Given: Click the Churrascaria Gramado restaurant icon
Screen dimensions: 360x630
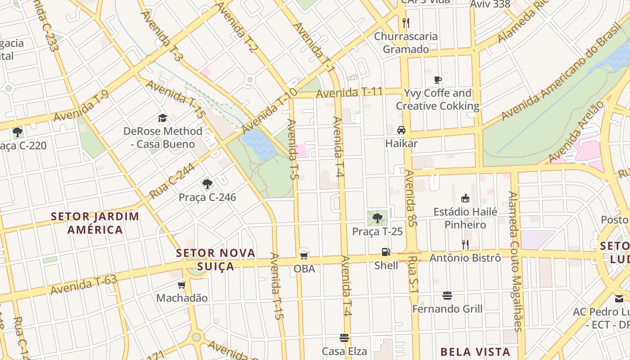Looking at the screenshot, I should (x=405, y=23).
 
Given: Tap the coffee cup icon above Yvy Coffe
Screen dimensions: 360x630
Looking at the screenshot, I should (x=437, y=80).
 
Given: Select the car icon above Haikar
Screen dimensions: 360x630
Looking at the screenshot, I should (x=401, y=130).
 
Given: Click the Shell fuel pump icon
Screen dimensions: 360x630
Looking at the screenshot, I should (x=386, y=252).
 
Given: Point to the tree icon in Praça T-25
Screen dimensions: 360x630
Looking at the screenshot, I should (x=377, y=218).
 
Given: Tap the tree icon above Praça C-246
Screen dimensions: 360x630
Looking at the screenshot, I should (x=207, y=184).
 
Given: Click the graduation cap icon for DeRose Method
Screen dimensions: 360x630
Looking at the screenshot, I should (x=162, y=118).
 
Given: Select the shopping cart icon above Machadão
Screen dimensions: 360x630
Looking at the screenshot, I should (x=182, y=285).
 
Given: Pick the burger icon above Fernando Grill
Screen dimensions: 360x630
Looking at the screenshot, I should (x=447, y=296).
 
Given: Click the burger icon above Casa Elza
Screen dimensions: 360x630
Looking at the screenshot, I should (x=344, y=338).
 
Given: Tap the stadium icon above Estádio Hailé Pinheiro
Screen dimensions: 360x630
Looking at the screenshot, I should (x=465, y=198).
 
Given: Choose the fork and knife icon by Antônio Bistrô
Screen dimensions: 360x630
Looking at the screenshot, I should (x=465, y=245).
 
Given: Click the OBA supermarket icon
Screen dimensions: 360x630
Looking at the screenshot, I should (x=304, y=255).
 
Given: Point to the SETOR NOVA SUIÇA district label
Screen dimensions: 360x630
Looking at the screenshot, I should (x=216, y=259).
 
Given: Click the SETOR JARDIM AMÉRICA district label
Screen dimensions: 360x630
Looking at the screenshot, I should (x=95, y=223).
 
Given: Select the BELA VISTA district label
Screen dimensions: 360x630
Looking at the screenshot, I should (x=475, y=352).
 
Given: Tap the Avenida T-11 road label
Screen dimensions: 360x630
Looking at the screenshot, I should (x=349, y=93).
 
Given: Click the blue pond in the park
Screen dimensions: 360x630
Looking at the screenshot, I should (x=258, y=144).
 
